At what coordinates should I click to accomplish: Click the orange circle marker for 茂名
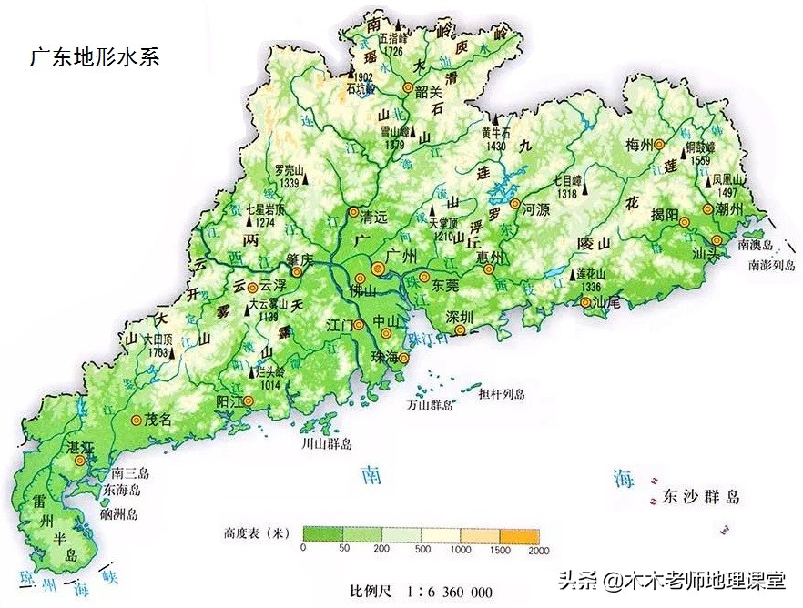pos(137,420)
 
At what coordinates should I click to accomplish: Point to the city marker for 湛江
pos(80,461)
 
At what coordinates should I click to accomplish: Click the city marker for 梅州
pos(673,145)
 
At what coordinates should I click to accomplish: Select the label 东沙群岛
pos(701,497)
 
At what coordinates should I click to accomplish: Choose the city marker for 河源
pos(515,205)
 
